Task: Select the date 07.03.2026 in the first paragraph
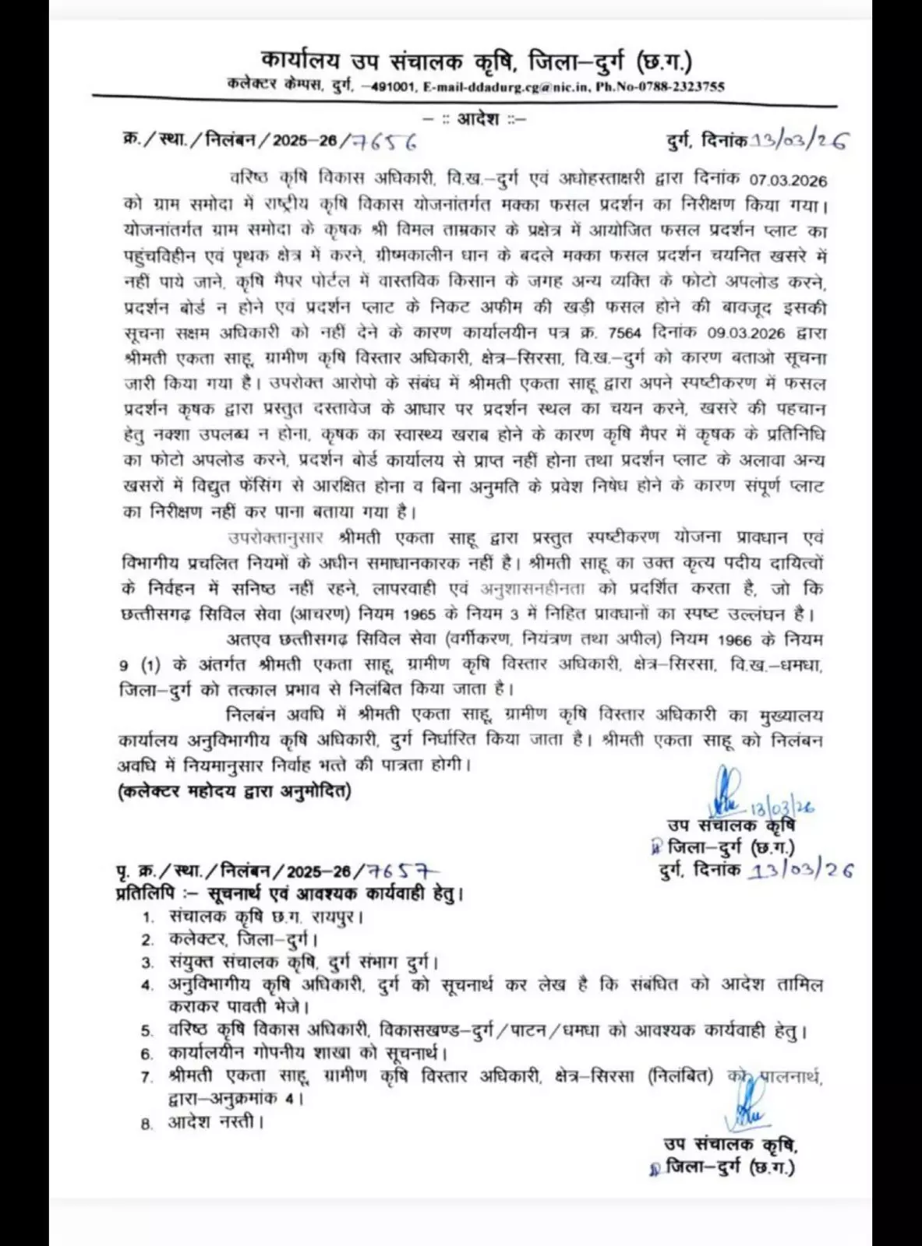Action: click(788, 180)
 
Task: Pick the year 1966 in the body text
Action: click(735, 640)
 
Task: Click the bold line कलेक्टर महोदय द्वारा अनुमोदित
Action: click(235, 791)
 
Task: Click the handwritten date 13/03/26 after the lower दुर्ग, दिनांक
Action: click(800, 871)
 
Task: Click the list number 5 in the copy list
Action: click(147, 1031)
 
